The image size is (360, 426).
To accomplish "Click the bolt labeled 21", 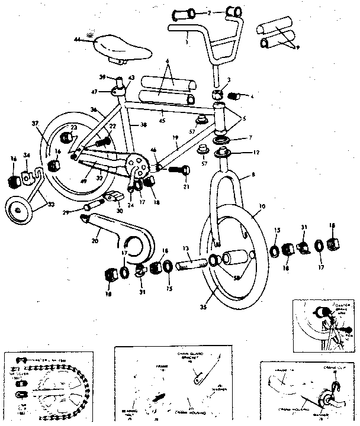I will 179,170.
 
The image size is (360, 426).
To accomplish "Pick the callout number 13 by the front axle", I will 185,248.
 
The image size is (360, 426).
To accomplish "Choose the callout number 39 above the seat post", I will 102,78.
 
